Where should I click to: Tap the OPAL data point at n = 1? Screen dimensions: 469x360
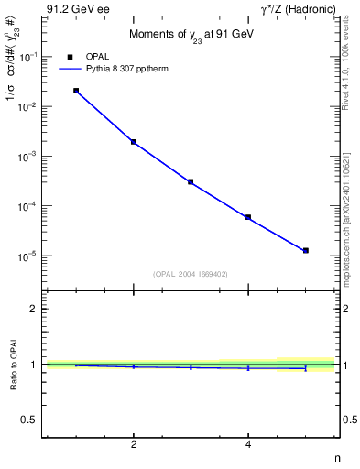click(x=76, y=91)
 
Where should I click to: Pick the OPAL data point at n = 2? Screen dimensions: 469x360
click(x=134, y=142)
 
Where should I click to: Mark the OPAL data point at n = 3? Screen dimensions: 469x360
click(x=191, y=182)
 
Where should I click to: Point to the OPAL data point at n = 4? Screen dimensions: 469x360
click(x=248, y=217)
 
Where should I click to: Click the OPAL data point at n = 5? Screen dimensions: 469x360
click(x=306, y=250)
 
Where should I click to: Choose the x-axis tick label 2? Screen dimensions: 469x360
click(x=134, y=444)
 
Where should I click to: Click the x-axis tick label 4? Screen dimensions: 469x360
click(x=248, y=444)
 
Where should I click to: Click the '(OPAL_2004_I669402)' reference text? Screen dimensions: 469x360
click(x=191, y=273)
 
